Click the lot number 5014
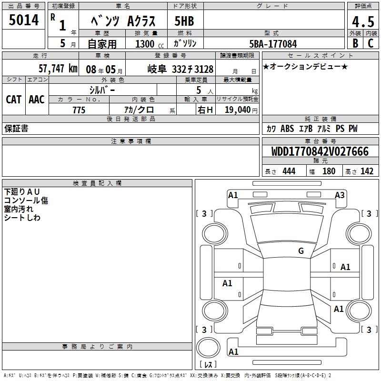pyautogui.click(x=23, y=20)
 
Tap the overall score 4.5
pyautogui.click(x=363, y=21)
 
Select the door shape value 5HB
pyautogui.click(x=184, y=21)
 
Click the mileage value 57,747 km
pyautogui.click(x=58, y=69)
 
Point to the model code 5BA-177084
pyautogui.click(x=273, y=44)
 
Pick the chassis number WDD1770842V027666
pyautogui.click(x=320, y=151)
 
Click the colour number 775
pyautogui.click(x=79, y=110)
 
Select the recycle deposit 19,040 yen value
pyautogui.click(x=241, y=110)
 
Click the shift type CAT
pyautogui.click(x=14, y=100)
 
